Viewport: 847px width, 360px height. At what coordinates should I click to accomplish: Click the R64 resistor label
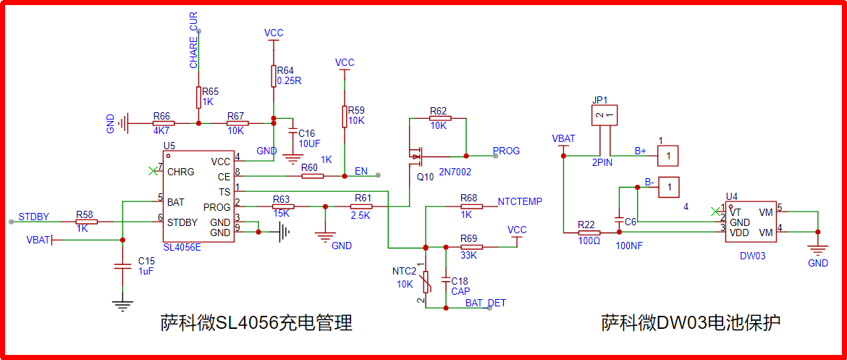click(x=285, y=70)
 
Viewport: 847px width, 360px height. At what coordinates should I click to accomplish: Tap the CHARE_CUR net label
click(x=193, y=41)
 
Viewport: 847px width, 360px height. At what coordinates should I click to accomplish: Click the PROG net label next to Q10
click(x=507, y=151)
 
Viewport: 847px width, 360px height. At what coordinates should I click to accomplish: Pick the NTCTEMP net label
click(x=520, y=201)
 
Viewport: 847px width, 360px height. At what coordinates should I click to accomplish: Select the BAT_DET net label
click(x=486, y=303)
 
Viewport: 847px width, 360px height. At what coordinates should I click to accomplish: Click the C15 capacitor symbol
click(x=122, y=266)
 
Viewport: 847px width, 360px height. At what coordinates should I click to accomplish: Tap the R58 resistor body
click(x=86, y=222)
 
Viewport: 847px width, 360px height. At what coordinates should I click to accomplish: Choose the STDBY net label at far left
click(x=33, y=217)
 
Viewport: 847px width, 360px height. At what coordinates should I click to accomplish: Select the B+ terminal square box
click(x=668, y=156)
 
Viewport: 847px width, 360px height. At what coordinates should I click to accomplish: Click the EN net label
click(x=361, y=172)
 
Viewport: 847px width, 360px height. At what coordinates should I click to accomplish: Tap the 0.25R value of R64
click(x=289, y=80)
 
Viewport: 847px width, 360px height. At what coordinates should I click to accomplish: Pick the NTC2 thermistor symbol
click(x=426, y=282)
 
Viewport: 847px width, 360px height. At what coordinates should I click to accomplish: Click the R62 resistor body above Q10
click(x=438, y=118)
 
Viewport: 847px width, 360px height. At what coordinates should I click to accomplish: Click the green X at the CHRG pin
click(x=153, y=171)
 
